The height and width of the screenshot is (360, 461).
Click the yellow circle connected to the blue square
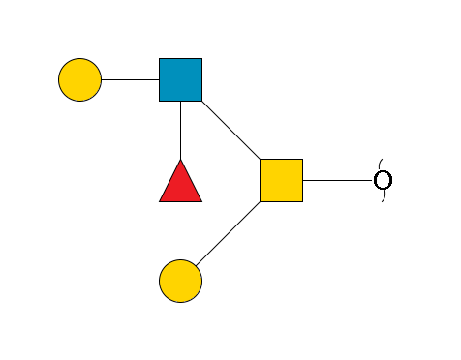[x=79, y=79]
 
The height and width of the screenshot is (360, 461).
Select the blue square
[x=180, y=79]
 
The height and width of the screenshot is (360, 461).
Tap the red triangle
[x=180, y=184]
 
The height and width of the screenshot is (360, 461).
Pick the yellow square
[x=281, y=180]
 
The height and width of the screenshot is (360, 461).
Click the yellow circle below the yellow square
[x=180, y=281]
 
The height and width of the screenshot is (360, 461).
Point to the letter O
[x=383, y=180]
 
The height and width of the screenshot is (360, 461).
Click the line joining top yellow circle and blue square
[x=130, y=79]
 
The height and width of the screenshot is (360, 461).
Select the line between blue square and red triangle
[x=180, y=130]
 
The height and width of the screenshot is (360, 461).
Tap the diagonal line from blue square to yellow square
[x=230, y=130]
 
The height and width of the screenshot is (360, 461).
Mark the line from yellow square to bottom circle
[x=230, y=230]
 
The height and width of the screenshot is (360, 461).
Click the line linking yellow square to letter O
[x=337, y=180]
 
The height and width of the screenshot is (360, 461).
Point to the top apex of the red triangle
[x=180, y=160]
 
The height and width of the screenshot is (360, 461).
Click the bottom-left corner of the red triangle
[x=160, y=201]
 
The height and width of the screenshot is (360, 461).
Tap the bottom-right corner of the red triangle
[x=201, y=201]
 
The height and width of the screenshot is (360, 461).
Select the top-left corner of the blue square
[x=160, y=59]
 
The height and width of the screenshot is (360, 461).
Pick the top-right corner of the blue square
[x=201, y=59]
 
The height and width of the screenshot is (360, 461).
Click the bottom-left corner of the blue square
[x=160, y=101]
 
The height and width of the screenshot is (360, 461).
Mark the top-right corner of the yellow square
[x=302, y=160]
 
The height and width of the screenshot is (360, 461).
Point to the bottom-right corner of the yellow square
[x=302, y=201]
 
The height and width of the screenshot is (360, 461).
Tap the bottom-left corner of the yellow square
[x=261, y=201]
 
